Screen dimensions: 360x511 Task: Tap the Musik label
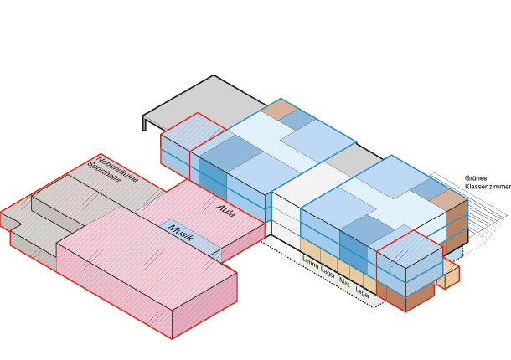pyautogui.click(x=182, y=234)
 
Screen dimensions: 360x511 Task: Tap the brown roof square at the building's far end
pyautogui.click(x=278, y=109)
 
